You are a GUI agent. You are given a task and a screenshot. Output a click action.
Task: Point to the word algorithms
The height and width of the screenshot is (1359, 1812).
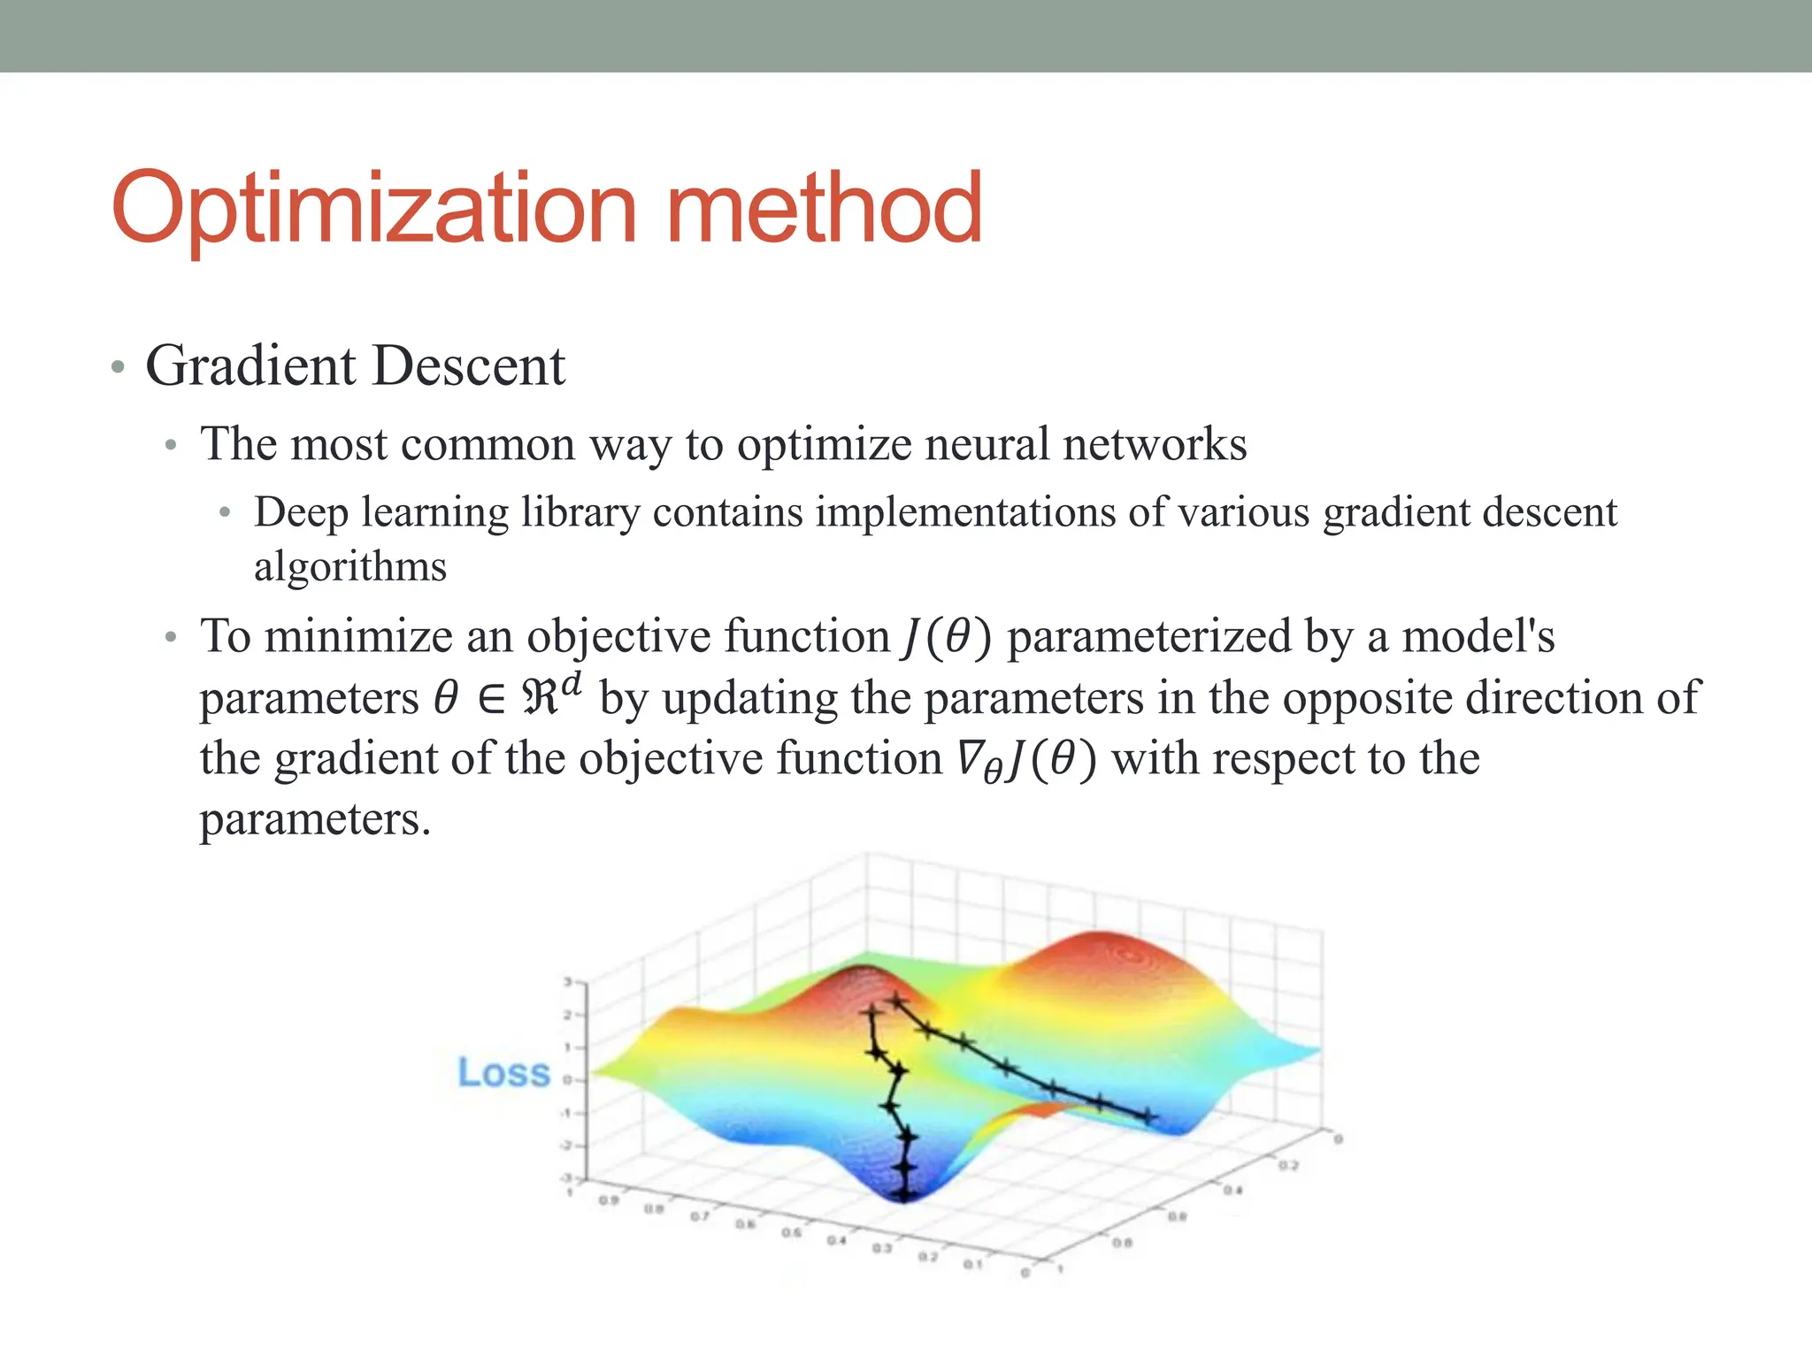[x=350, y=567]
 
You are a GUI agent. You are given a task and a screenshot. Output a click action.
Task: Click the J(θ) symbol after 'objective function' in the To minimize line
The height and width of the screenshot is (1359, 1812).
[x=946, y=637]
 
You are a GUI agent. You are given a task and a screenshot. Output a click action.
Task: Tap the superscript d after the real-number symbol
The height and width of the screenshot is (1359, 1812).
[x=572, y=684]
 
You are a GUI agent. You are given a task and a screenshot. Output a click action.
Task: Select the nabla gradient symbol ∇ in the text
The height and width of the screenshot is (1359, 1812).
[x=971, y=758]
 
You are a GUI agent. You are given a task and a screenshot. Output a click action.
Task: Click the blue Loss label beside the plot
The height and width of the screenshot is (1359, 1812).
[x=503, y=1073]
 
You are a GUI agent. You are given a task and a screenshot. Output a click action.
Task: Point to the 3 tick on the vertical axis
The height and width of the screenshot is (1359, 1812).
[x=568, y=981]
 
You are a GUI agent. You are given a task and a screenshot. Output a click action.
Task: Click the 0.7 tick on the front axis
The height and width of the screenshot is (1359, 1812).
[x=699, y=1217]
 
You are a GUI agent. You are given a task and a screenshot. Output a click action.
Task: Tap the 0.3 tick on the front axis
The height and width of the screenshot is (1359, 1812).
[x=882, y=1248]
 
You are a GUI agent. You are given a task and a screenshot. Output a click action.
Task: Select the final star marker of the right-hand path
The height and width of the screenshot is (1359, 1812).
[x=1148, y=1117]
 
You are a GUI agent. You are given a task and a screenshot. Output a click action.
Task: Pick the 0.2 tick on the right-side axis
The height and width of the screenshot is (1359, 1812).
[x=1287, y=1165]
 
